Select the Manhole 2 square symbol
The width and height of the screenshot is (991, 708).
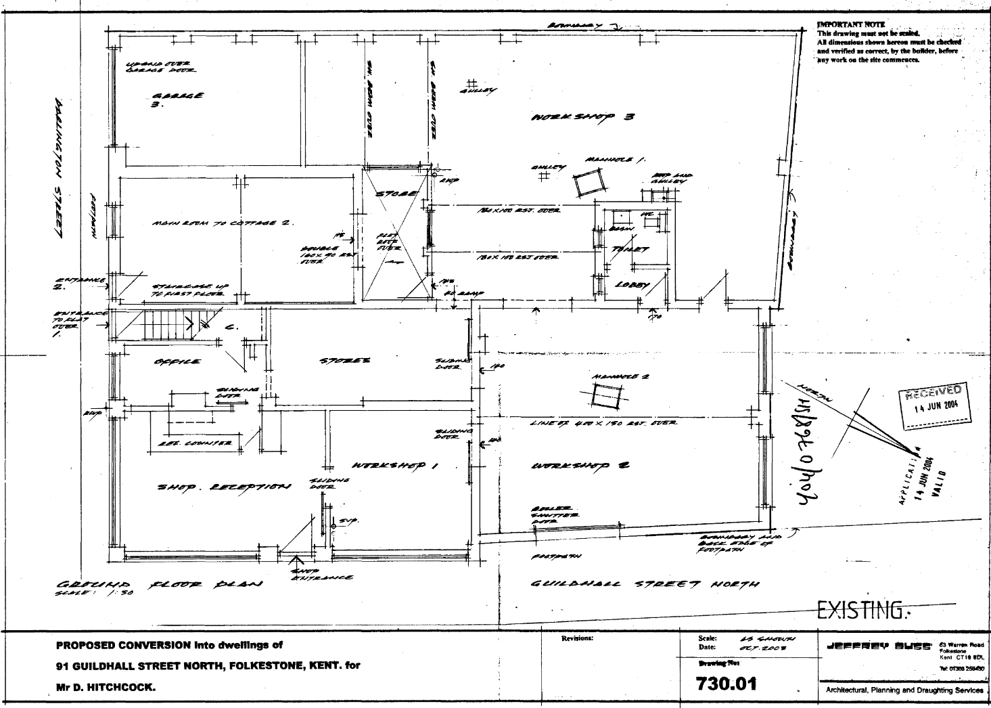click(605, 396)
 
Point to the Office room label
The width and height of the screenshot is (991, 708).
click(177, 362)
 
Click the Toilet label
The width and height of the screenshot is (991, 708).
click(629, 249)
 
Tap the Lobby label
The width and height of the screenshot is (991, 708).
click(628, 285)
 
